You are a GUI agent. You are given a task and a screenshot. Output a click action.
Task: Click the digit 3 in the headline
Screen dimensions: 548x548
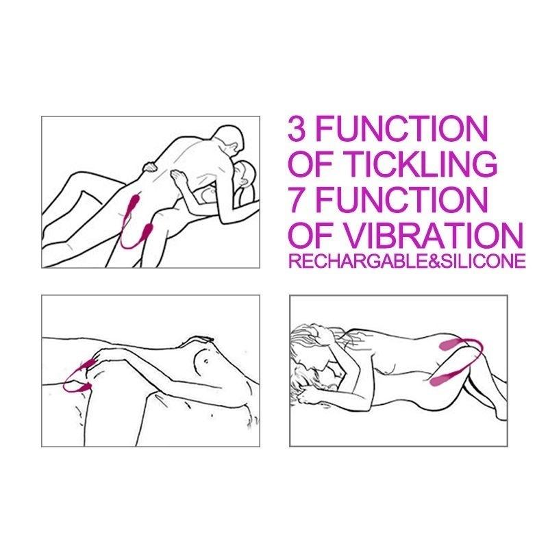click(299, 129)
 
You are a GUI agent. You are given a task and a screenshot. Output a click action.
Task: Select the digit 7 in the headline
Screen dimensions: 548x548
click(299, 199)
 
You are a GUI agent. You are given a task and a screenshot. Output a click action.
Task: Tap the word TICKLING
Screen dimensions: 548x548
click(424, 164)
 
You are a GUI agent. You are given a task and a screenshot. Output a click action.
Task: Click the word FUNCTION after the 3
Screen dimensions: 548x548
click(402, 129)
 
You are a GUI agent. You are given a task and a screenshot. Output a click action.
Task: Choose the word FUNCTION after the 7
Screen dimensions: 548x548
click(402, 199)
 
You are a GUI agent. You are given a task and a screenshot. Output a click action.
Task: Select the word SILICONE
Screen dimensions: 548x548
click(479, 262)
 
